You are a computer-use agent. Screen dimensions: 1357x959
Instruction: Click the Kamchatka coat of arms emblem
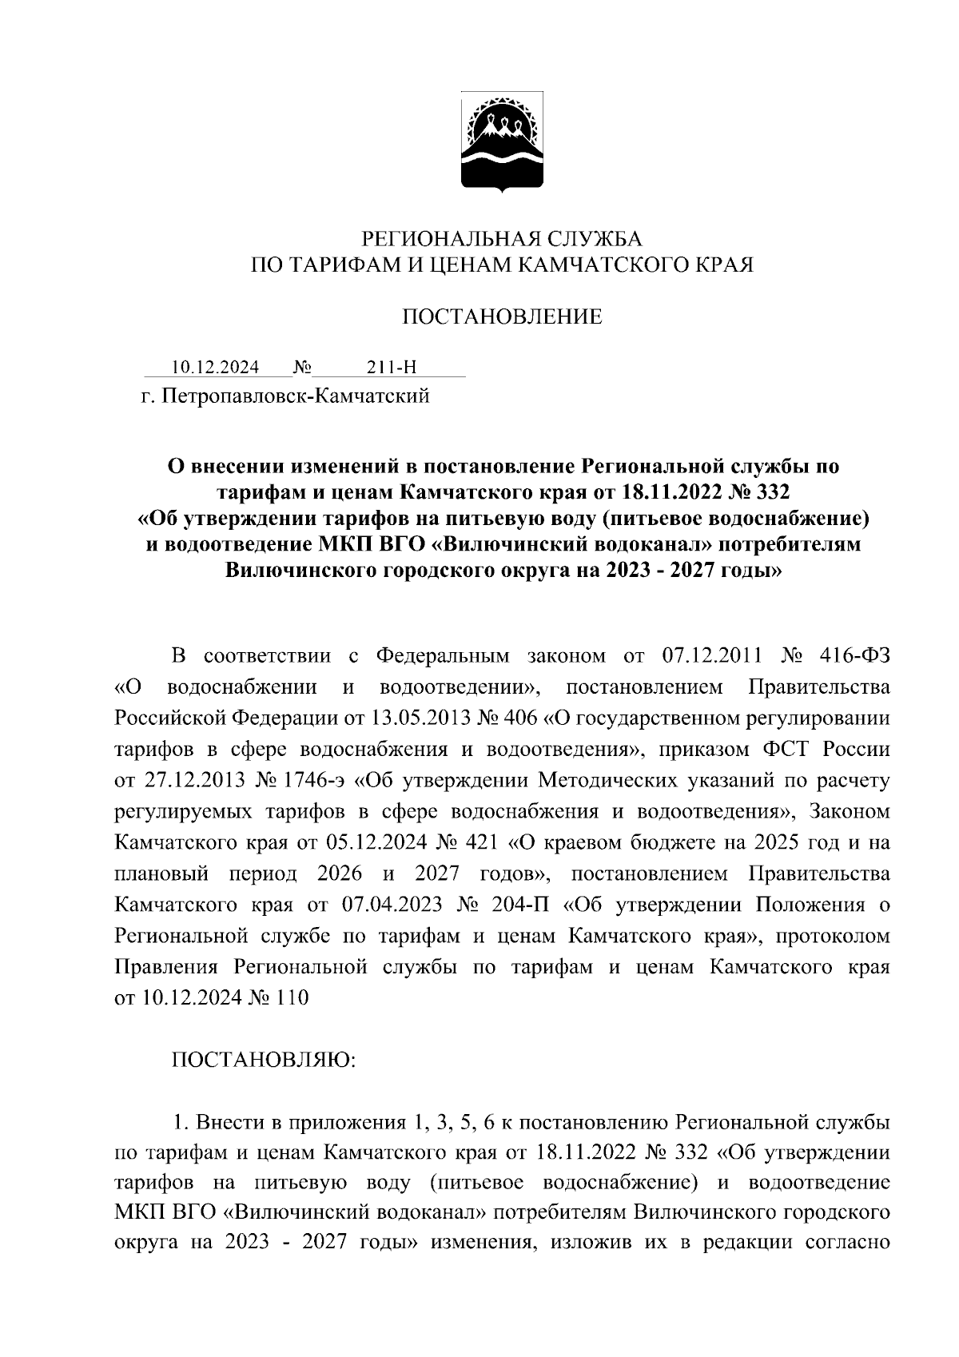[x=502, y=141]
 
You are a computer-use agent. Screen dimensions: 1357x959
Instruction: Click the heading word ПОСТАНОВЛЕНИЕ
[x=501, y=317]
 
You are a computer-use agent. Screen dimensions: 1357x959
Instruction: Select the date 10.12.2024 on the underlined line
[x=215, y=368]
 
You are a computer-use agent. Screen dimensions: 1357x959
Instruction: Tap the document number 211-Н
[x=392, y=368]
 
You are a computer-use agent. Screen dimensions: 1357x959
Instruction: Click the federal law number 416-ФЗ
[x=854, y=656]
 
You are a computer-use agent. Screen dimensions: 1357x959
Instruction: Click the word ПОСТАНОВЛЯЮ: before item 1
[x=264, y=1061]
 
